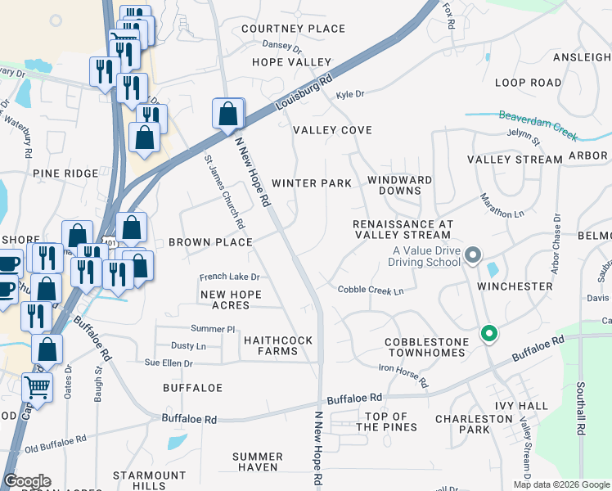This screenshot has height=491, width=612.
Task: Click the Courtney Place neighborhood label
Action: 294,29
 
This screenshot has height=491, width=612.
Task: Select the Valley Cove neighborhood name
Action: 332,130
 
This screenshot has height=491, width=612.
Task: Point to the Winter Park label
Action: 312,183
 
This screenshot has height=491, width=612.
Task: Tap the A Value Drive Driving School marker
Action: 473,257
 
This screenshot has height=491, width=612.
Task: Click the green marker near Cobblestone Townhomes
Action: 489,334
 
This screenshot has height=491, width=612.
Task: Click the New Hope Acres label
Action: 231,300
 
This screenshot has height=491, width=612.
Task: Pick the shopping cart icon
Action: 37,388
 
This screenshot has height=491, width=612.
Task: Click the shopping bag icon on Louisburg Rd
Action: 228,115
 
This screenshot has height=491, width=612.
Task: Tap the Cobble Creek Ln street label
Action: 371,291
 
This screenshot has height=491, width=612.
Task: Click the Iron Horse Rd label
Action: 403,375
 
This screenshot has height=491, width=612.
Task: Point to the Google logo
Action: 27,481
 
